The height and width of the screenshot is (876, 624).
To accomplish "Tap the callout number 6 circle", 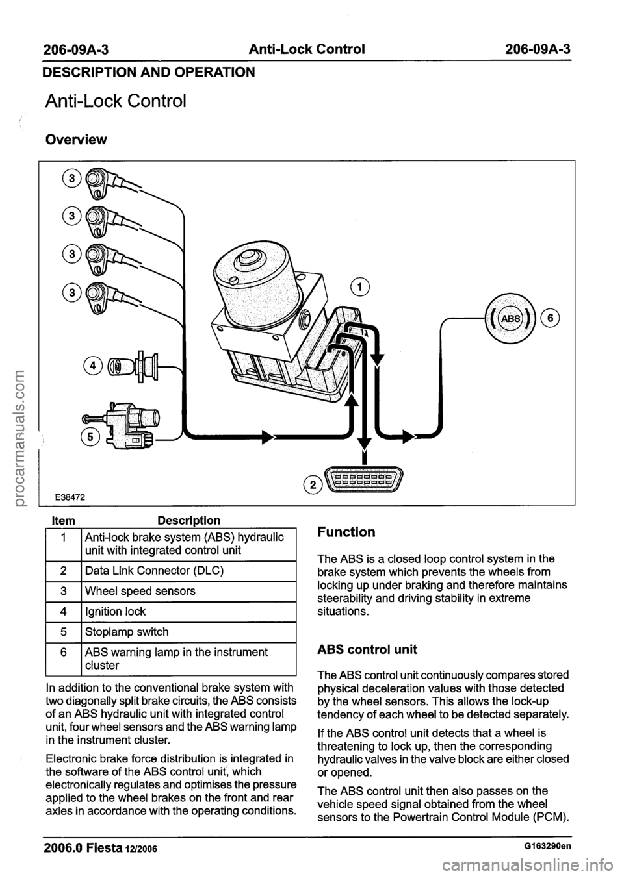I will pos(555,318).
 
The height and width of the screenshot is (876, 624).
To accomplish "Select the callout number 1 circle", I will pos(358,286).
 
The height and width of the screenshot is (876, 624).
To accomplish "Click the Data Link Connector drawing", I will pos(365,481).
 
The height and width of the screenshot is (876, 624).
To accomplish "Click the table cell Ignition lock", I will pos(114,612).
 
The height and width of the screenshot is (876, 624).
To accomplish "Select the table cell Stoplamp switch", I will pos(123,632).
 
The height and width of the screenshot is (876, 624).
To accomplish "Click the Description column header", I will pos(188,521).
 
